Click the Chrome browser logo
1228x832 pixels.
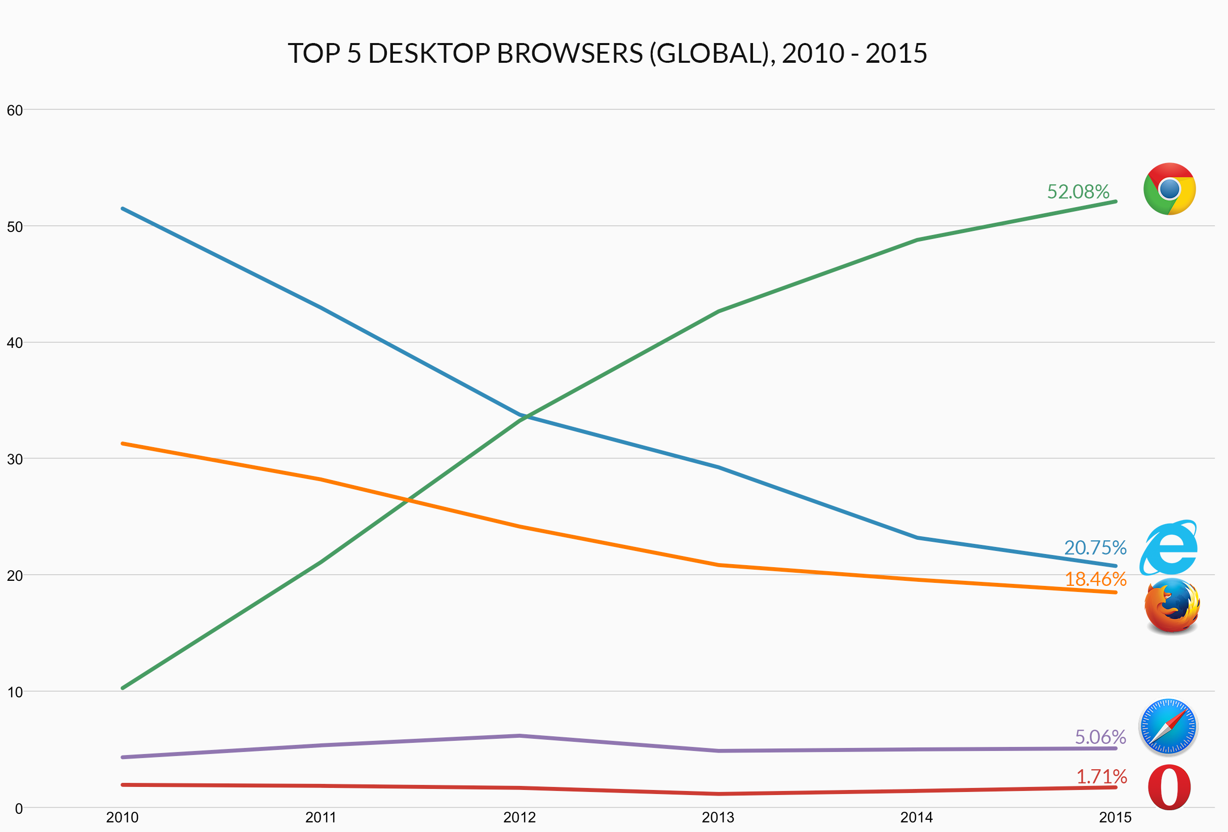(1169, 188)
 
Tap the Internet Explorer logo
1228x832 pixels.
(1168, 548)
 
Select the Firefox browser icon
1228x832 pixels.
(1172, 605)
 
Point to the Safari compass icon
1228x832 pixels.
(1168, 727)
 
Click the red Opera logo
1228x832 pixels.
(1169, 787)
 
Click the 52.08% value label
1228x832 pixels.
(1078, 191)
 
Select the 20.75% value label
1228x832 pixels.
(1095, 547)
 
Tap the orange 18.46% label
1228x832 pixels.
(1095, 579)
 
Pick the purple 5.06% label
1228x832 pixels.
(1100, 736)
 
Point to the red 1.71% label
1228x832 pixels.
(1101, 776)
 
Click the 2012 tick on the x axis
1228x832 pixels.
(520, 818)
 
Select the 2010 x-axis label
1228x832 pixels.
(122, 818)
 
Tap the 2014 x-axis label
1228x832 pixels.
(917, 818)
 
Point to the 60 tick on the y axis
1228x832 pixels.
(15, 110)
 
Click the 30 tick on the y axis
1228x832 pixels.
(15, 459)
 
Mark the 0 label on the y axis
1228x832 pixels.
(19, 809)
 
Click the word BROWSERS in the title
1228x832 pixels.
(570, 53)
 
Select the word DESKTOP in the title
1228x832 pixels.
(429, 53)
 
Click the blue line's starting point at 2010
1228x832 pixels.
(123, 209)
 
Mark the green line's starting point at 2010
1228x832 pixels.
(123, 688)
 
